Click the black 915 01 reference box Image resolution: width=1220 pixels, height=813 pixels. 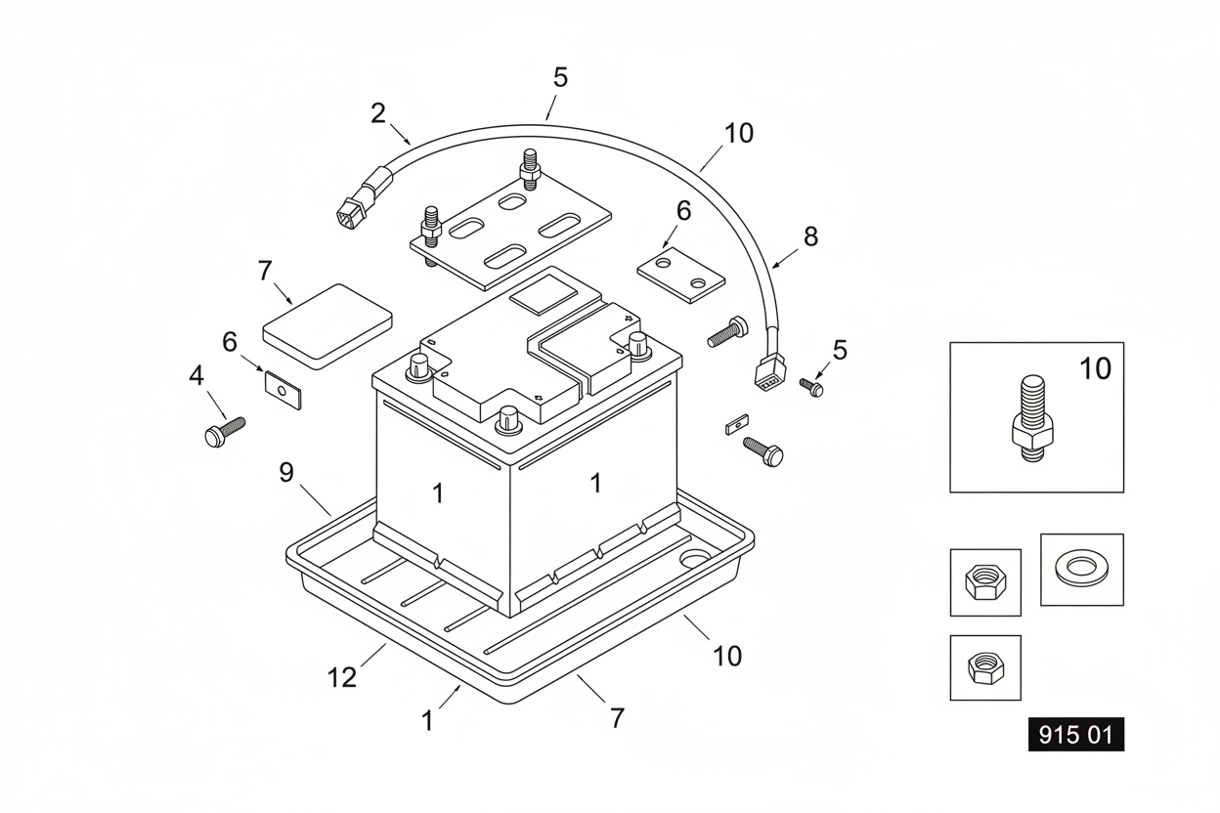click(1075, 735)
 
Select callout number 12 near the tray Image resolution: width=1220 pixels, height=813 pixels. click(342, 677)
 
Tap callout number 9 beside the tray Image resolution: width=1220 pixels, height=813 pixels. click(286, 473)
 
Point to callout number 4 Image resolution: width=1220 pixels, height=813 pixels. click(196, 376)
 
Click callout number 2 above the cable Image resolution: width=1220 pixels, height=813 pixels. click(378, 113)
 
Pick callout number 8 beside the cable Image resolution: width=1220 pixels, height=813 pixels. click(811, 236)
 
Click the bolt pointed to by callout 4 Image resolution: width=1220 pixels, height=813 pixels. click(225, 432)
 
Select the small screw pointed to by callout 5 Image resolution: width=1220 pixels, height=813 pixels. click(811, 387)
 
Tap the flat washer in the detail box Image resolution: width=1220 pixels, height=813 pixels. click(1081, 569)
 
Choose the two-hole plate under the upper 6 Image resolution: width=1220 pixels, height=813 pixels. click(680, 275)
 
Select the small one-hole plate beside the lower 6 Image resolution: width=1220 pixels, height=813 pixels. click(283, 390)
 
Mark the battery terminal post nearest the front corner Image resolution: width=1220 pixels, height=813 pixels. click(508, 419)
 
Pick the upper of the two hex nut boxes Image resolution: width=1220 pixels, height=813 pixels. click(985, 582)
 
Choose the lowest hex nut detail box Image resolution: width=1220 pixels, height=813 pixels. click(985, 667)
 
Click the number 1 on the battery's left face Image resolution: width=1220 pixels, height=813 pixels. click(438, 493)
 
